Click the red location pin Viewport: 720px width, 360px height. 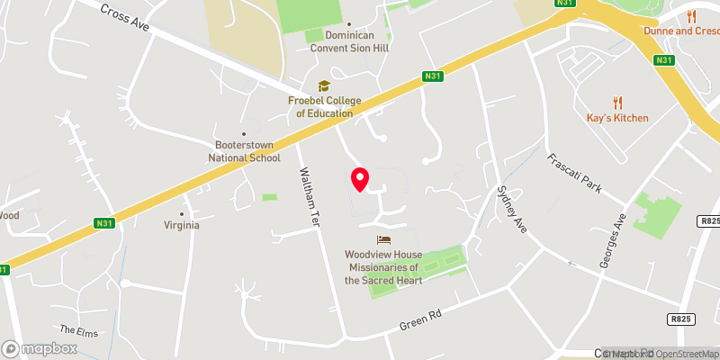click(x=360, y=178)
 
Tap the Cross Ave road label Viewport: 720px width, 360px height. click(x=124, y=18)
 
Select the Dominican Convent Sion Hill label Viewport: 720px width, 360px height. click(x=349, y=41)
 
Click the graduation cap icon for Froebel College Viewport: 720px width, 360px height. click(x=324, y=86)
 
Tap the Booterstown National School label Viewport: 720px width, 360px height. click(x=244, y=151)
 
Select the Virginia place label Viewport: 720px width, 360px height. click(x=181, y=225)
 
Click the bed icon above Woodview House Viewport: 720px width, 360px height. click(x=384, y=239)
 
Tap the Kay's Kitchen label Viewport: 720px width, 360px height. click(x=616, y=119)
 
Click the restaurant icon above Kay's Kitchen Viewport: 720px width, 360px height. click(x=617, y=103)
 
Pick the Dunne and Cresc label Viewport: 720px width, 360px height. click(x=681, y=31)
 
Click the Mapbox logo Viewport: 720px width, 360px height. click(x=40, y=348)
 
